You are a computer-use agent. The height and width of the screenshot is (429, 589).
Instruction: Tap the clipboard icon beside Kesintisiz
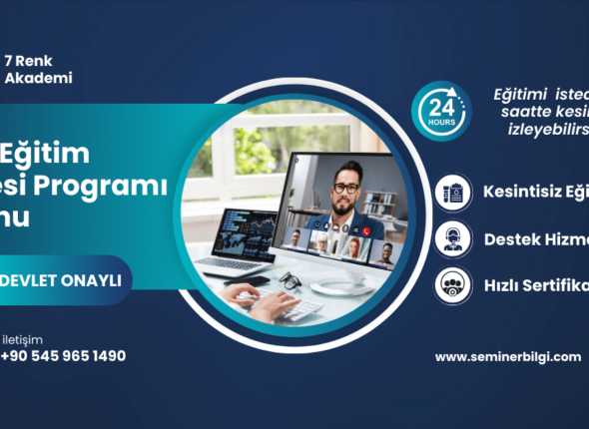point(453,191)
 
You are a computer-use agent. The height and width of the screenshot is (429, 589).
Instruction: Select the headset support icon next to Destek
point(453,238)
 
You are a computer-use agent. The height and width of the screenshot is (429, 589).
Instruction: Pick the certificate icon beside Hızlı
point(453,284)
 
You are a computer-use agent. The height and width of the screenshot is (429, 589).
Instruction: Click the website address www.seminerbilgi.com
point(508,356)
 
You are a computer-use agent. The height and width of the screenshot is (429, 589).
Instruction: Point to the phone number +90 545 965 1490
point(64,355)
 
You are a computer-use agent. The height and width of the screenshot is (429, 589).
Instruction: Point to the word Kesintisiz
point(519,191)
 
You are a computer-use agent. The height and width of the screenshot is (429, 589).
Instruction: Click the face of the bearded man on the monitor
point(346,186)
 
